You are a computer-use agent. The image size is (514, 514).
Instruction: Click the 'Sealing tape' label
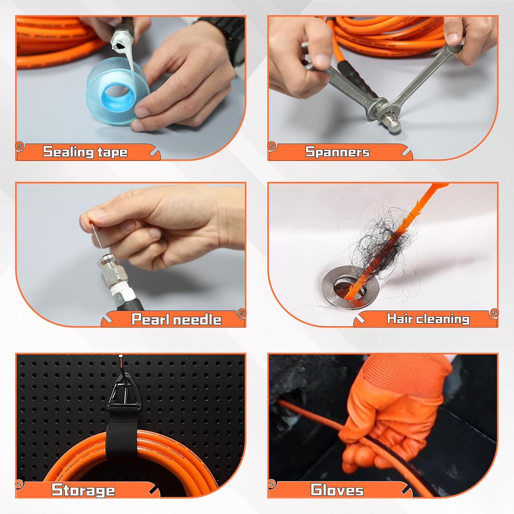(85, 152)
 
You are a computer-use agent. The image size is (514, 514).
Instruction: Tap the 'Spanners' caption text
(337, 152)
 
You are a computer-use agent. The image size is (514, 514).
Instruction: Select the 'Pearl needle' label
(176, 319)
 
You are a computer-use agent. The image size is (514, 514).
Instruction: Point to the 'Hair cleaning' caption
(428, 319)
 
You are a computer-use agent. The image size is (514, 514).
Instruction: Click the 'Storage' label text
(83, 490)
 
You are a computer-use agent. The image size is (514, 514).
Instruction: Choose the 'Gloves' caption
(337, 490)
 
